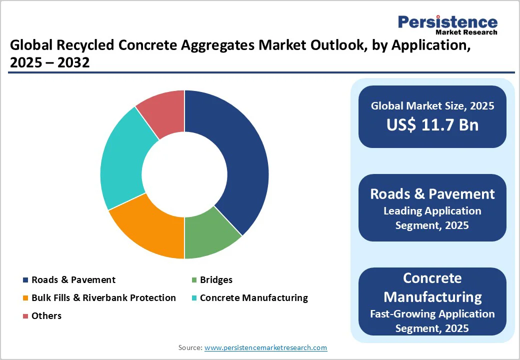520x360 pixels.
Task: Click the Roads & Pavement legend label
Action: pyautogui.click(x=73, y=280)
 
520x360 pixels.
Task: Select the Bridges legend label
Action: pyautogui.click(x=216, y=280)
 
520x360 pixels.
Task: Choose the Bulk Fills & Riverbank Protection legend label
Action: pyautogui.click(x=103, y=298)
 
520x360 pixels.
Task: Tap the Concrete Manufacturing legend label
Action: pyautogui.click(x=253, y=298)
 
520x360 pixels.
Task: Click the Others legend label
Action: pyautogui.click(x=46, y=316)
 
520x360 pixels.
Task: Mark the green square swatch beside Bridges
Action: pyautogui.click(x=193, y=280)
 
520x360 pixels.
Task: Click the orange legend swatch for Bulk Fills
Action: pyautogui.click(x=25, y=298)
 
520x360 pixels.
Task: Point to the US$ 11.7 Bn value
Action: pyautogui.click(x=432, y=125)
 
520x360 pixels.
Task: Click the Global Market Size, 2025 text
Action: pyautogui.click(x=432, y=105)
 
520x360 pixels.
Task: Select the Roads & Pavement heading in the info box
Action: pyautogui.click(x=432, y=194)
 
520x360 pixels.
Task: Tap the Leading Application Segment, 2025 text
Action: pyautogui.click(x=432, y=218)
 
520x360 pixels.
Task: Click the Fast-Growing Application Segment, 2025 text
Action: pyautogui.click(x=432, y=321)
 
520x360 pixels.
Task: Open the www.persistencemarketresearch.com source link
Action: pyautogui.click(x=265, y=347)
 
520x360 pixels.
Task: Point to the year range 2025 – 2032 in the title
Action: pyautogui.click(x=49, y=63)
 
